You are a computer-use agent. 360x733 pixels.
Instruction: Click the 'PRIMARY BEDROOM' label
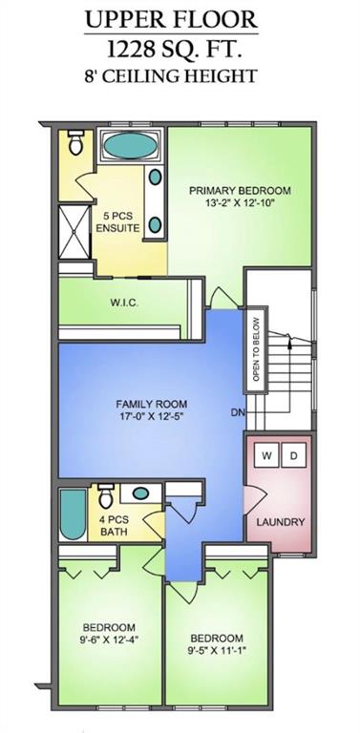click(239, 190)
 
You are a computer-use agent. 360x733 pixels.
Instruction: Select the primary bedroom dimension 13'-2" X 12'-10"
click(239, 203)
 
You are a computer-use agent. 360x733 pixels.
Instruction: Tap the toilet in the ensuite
click(75, 145)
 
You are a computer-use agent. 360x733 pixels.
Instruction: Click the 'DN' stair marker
click(237, 413)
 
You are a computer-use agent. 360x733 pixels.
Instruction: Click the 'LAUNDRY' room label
click(281, 522)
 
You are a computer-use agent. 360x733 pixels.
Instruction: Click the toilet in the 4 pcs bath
click(106, 496)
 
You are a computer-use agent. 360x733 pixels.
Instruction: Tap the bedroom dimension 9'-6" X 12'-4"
click(108, 634)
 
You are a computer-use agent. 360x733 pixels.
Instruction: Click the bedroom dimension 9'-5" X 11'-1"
click(215, 645)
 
